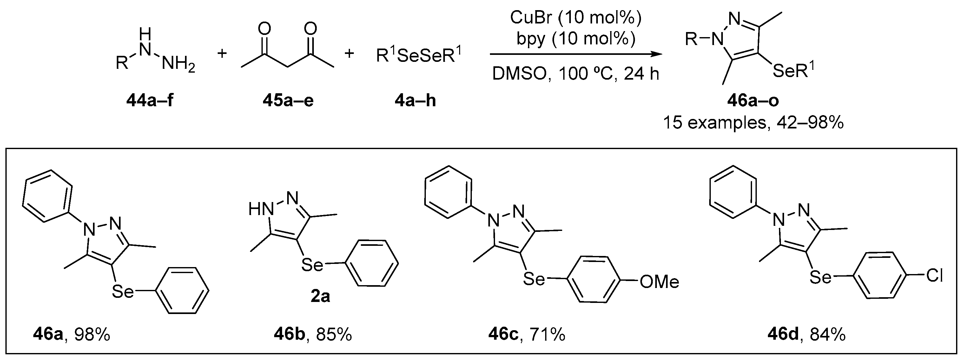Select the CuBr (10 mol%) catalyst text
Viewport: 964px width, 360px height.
(576, 17)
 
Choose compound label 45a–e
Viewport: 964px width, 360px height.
(288, 101)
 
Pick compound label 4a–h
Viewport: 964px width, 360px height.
(415, 101)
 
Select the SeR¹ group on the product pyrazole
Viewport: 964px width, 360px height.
(793, 70)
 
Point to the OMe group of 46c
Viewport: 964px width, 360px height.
(659, 282)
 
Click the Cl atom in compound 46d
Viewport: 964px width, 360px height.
(934, 276)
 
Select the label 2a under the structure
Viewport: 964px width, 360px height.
(320, 296)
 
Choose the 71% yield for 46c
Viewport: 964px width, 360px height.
(547, 335)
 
